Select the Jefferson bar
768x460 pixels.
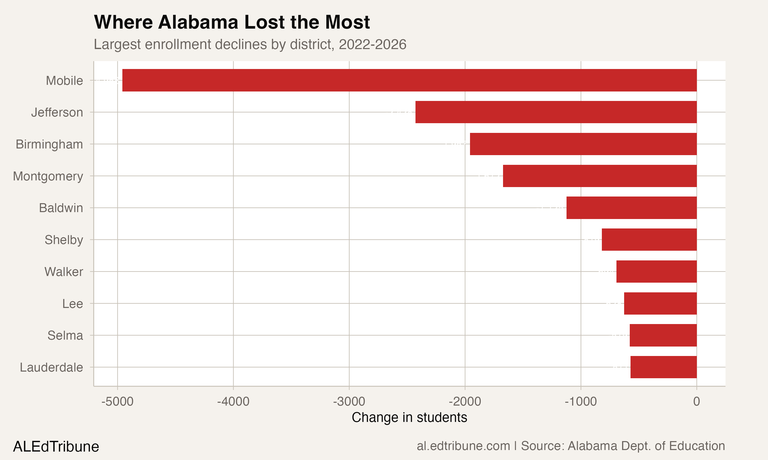pos(556,112)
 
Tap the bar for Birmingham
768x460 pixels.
pos(583,144)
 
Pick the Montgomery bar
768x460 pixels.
pos(600,176)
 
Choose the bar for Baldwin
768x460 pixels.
pos(631,208)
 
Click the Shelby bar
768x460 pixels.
pos(649,240)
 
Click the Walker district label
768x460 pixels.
pos(64,272)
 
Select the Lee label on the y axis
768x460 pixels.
pos(72,304)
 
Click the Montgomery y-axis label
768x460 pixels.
pos(48,176)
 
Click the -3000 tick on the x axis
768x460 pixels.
pos(349,402)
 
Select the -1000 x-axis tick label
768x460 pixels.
pos(581,402)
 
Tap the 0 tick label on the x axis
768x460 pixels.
pos(697,402)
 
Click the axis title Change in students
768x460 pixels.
pos(409,418)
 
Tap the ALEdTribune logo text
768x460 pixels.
pos(56,447)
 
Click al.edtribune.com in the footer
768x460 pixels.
pos(463,446)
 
